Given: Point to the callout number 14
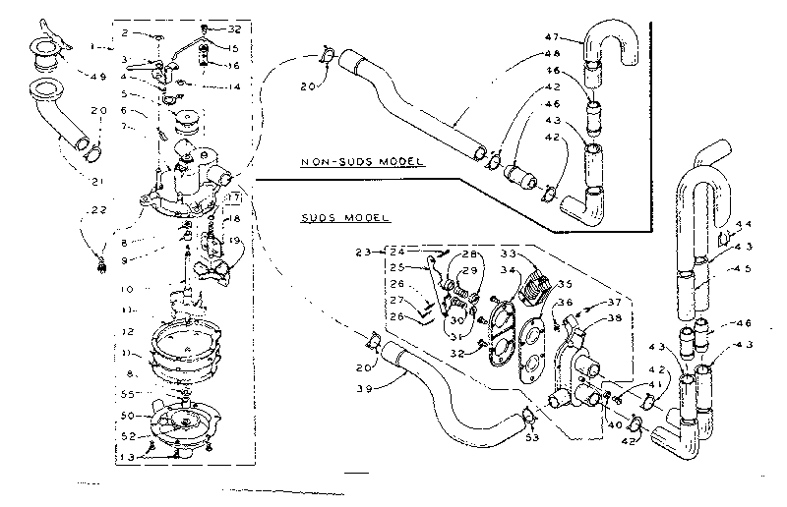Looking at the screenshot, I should coord(233,87).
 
